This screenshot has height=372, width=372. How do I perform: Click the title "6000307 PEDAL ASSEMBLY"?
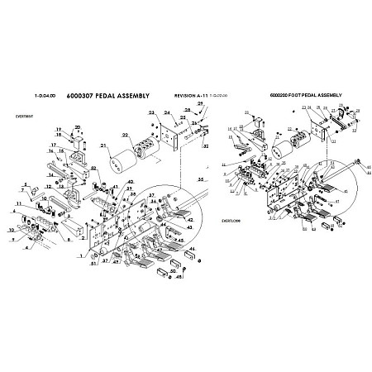[x=107, y=96]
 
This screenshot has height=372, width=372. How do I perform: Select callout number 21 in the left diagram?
[x=105, y=147]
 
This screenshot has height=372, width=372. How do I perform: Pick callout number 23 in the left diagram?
[x=151, y=112]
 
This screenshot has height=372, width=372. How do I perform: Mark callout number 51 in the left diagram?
[x=93, y=265]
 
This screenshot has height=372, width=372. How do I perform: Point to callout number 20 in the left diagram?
[x=78, y=126]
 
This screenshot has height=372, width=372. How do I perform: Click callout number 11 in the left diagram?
[x=18, y=203]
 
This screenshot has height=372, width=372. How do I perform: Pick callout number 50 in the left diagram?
[x=173, y=269]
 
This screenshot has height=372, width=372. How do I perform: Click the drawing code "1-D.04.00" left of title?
[x=47, y=96]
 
